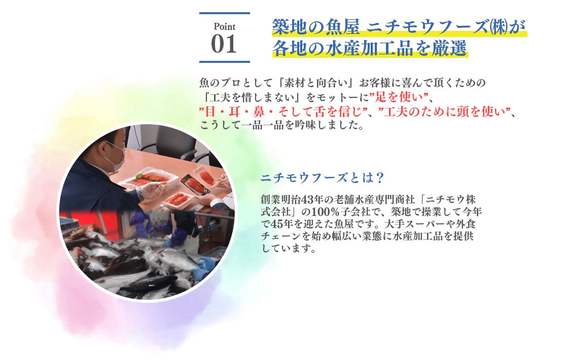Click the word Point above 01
(x=225, y=27)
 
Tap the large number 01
(x=224, y=44)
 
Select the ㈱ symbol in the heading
(x=499, y=27)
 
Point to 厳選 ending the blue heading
(x=449, y=49)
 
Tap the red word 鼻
(x=259, y=112)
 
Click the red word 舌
(x=320, y=112)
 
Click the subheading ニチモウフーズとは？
(x=322, y=177)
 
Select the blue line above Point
(x=225, y=13)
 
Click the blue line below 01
(x=225, y=62)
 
